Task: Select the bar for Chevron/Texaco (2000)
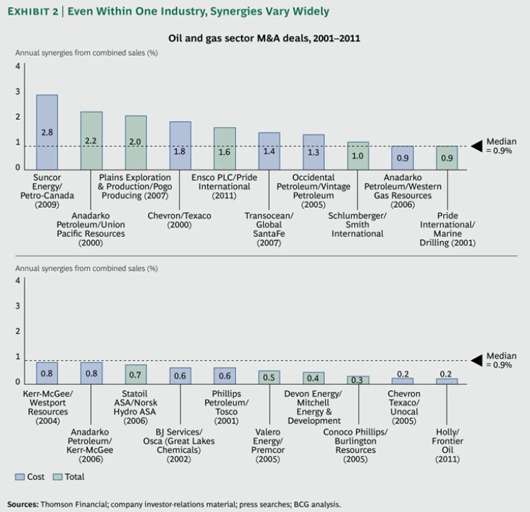(x=180, y=145)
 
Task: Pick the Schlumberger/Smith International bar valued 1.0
(x=357, y=155)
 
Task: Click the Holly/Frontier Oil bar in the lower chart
(x=446, y=381)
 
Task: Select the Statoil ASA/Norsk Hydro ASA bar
(x=135, y=374)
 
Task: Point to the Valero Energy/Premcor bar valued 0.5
(x=269, y=377)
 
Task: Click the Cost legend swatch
(x=19, y=477)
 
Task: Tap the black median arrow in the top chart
(x=475, y=146)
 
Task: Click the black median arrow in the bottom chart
(x=475, y=360)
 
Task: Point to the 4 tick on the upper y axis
(x=18, y=66)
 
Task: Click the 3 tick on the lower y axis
(x=18, y=306)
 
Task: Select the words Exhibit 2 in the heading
(x=33, y=12)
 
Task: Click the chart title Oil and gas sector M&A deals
(x=264, y=39)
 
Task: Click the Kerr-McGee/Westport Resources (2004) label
(x=47, y=406)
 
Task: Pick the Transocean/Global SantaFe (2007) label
(x=269, y=229)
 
